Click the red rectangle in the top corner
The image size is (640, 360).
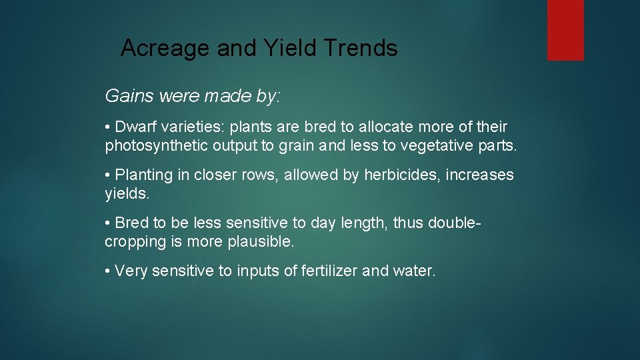point(565,30)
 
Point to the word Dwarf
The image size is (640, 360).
point(137,127)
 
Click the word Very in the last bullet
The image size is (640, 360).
point(131,271)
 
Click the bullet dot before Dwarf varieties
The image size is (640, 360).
point(108,127)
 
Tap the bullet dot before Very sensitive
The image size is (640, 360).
point(108,271)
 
